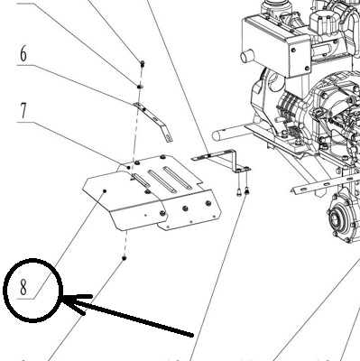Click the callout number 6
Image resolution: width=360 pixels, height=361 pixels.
click(23, 54)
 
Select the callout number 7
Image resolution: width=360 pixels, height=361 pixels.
click(23, 111)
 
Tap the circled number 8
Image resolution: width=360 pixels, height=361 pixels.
click(23, 287)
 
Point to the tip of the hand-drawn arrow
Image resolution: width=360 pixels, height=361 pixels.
click(62, 299)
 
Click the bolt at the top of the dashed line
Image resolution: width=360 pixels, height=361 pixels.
click(143, 63)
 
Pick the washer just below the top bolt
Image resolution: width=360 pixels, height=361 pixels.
click(140, 87)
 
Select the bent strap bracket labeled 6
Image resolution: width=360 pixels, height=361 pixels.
click(152, 120)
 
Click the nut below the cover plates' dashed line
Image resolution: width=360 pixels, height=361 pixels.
click(124, 258)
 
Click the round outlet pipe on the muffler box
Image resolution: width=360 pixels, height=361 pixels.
click(247, 56)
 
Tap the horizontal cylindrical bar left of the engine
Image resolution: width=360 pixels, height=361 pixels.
click(232, 134)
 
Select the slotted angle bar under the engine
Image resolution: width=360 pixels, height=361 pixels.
click(325, 184)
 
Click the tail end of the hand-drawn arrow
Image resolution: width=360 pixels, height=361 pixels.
click(192, 335)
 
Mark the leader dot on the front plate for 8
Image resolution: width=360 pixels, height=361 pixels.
click(105, 190)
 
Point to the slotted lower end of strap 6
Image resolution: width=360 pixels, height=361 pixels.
click(169, 137)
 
